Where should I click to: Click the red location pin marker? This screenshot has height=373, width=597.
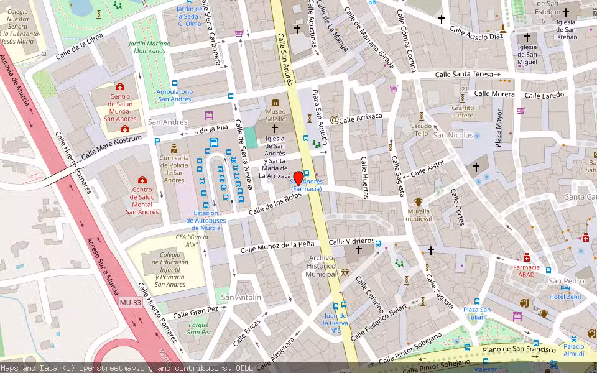tap(298, 178)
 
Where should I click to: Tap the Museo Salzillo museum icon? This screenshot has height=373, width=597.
tap(275, 103)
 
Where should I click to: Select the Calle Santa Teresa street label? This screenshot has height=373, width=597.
tap(463, 74)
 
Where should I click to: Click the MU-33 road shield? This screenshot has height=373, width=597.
tap(129, 303)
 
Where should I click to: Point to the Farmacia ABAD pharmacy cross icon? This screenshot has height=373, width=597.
tap(527, 257)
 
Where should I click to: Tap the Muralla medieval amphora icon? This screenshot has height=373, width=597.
tap(418, 201)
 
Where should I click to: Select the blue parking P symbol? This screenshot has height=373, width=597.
tap(157, 142)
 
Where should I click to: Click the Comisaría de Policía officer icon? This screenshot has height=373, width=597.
tap(174, 149)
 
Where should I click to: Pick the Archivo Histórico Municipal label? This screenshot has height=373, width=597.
tap(313, 265)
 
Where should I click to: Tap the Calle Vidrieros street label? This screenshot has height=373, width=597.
tap(351, 241)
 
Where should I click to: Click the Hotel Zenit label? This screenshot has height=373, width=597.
tap(565, 297)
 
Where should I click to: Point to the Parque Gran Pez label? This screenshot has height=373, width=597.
tap(198, 328)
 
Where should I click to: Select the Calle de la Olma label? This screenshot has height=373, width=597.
tap(78, 47)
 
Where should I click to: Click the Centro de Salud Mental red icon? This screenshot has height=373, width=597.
tap(142, 180)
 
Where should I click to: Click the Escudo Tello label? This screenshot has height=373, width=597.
tap(421, 129)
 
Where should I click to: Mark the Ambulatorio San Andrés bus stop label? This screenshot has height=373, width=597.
tap(175, 95)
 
